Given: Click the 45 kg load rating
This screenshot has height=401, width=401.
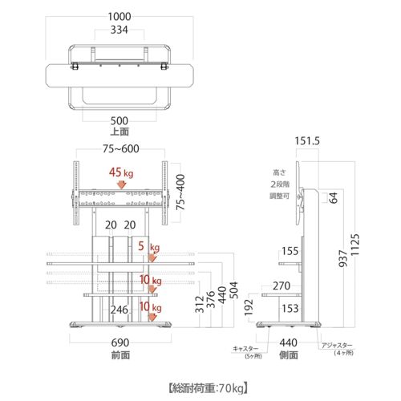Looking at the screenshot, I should pyautogui.click(x=120, y=172).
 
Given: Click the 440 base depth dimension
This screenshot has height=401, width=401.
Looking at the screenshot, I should pyautogui.click(x=289, y=342).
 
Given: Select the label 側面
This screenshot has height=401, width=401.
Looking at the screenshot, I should pyautogui.click(x=289, y=354).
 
